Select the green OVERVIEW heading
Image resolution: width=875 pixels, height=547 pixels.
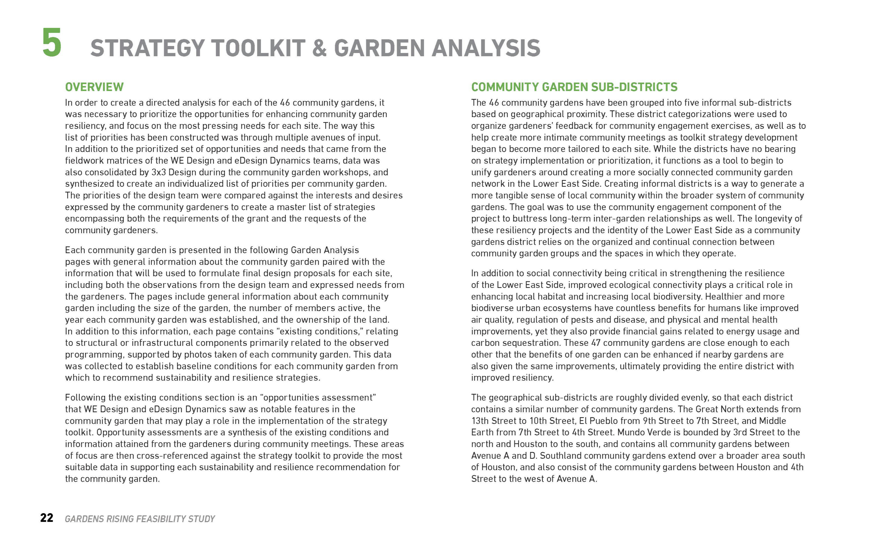click(x=94, y=87)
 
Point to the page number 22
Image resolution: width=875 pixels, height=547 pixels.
click(x=47, y=518)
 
